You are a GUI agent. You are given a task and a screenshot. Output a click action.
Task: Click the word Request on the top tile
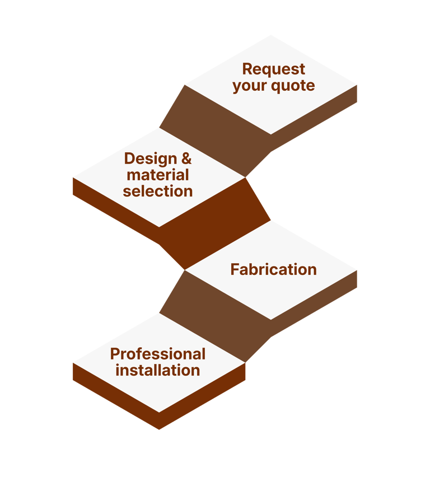(x=274, y=69)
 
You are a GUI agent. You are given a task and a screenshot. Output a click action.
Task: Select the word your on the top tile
(x=250, y=86)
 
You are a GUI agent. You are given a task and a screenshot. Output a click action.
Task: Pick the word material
(x=158, y=175)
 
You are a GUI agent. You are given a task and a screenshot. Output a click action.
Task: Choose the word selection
(x=158, y=191)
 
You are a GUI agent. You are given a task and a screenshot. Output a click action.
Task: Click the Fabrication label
(x=273, y=270)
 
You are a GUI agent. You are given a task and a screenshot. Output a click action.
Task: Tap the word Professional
(x=158, y=354)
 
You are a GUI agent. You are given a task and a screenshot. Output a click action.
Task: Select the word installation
(x=158, y=371)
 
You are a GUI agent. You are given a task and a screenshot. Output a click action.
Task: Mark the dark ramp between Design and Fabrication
(x=216, y=224)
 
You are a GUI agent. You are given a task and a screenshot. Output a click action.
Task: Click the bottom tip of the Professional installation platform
(x=159, y=428)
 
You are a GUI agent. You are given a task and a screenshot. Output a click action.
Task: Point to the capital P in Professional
(x=115, y=354)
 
